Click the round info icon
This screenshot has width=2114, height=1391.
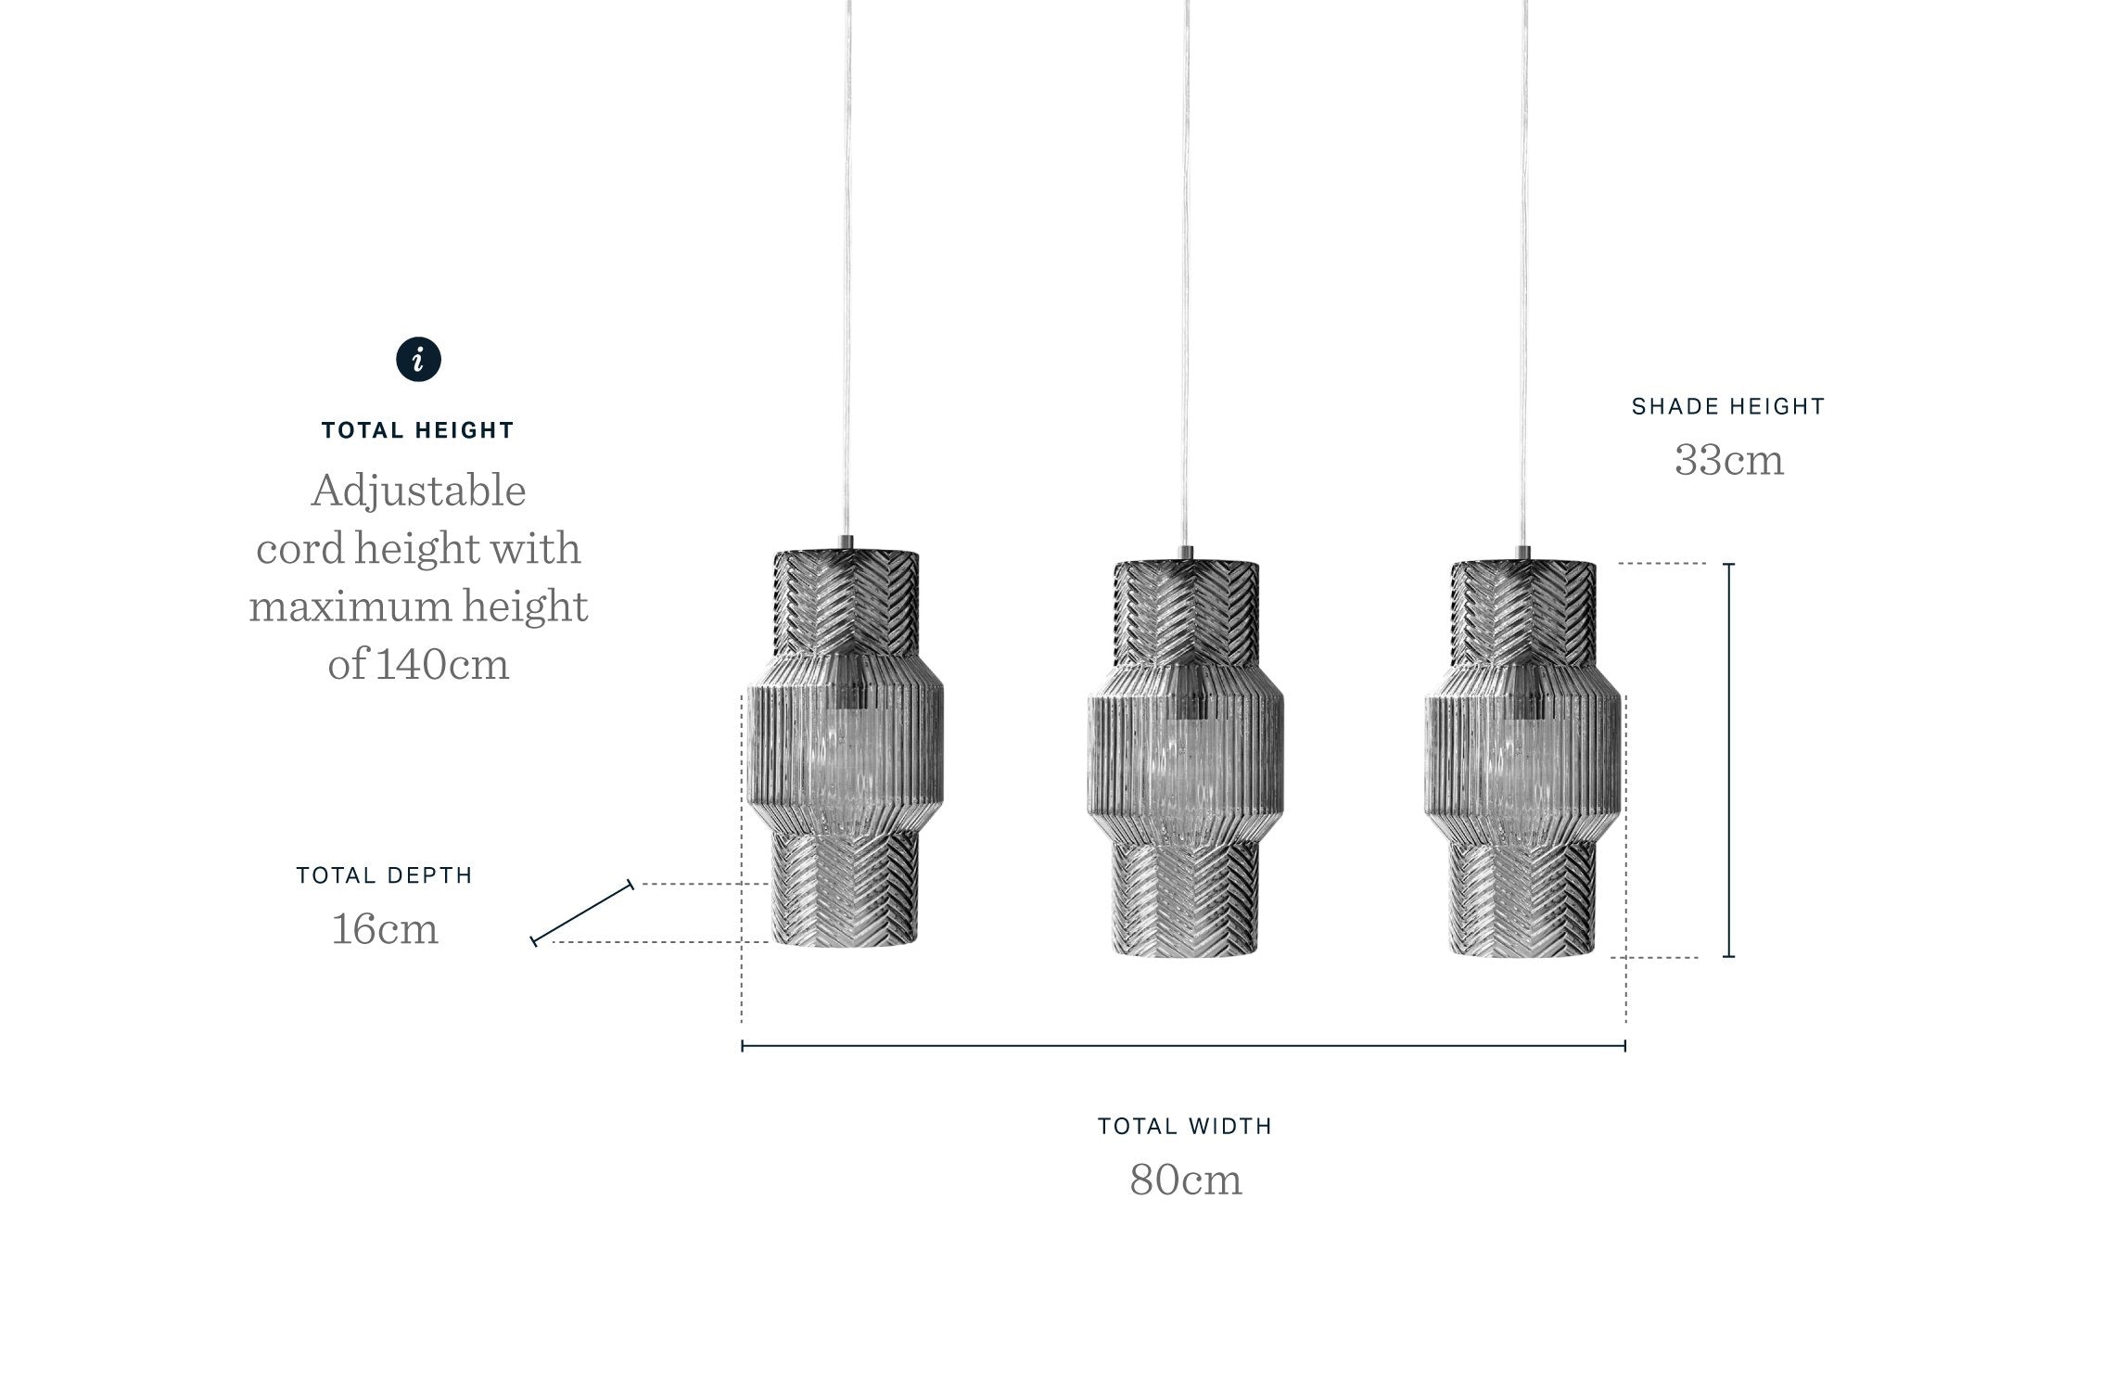[x=419, y=359]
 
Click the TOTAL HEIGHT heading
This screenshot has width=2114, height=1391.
[x=418, y=430]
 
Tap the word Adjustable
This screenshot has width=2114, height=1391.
[x=418, y=491]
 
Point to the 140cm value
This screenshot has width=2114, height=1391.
[x=442, y=664]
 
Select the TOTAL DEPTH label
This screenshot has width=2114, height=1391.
[x=385, y=875]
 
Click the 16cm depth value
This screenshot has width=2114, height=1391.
[x=385, y=929]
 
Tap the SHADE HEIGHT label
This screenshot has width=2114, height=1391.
[x=1728, y=406]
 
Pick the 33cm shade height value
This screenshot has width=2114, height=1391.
[x=1729, y=460]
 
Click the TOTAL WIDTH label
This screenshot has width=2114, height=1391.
[x=1185, y=1126]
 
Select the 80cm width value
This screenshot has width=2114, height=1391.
[x=1186, y=1180]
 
